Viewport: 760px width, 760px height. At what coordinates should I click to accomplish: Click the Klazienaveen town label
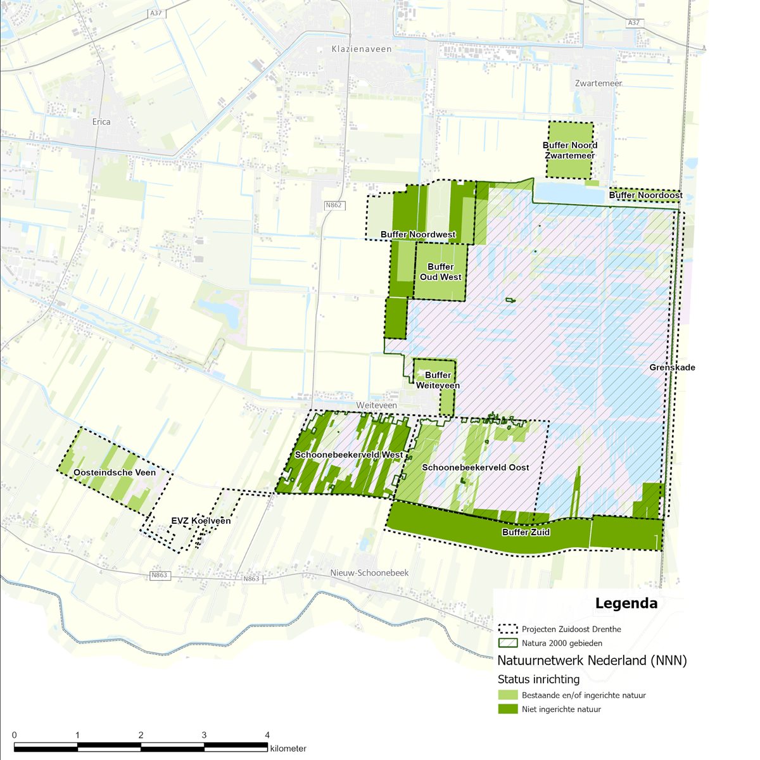pyautogui.click(x=362, y=49)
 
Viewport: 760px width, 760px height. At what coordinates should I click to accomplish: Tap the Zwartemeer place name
pyautogui.click(x=598, y=83)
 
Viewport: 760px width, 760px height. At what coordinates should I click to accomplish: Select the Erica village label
pyautogui.click(x=101, y=122)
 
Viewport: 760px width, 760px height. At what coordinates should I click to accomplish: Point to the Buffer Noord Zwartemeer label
pyautogui.click(x=569, y=150)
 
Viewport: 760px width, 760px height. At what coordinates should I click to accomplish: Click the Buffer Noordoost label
pyautogui.click(x=645, y=196)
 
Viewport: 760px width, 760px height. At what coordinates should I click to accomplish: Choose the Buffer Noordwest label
pyautogui.click(x=418, y=235)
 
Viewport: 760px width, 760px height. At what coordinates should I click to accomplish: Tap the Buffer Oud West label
pyautogui.click(x=440, y=272)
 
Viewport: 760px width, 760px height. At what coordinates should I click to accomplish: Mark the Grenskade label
pyautogui.click(x=672, y=367)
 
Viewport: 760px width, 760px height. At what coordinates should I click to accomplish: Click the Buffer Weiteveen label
pyautogui.click(x=438, y=380)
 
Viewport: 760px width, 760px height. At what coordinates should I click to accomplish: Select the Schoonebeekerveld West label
pyautogui.click(x=349, y=455)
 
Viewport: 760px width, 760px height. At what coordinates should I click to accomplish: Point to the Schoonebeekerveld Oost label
pyautogui.click(x=475, y=467)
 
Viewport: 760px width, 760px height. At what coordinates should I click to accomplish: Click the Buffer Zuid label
pyautogui.click(x=526, y=532)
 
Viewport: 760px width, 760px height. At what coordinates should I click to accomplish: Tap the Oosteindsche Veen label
pyautogui.click(x=115, y=472)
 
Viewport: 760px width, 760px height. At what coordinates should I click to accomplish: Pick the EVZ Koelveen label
pyautogui.click(x=201, y=521)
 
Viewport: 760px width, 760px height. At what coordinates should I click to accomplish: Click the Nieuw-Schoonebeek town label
pyautogui.click(x=369, y=573)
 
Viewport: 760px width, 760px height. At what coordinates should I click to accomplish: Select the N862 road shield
pyautogui.click(x=334, y=205)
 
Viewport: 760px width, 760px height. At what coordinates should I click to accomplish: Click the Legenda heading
pyautogui.click(x=626, y=604)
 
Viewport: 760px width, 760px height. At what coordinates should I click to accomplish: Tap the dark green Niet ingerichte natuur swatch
pyautogui.click(x=508, y=709)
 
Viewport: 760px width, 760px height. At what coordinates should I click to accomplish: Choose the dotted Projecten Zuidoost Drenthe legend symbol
pyautogui.click(x=508, y=629)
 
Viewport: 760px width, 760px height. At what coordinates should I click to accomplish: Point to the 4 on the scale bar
pyautogui.click(x=267, y=735)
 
